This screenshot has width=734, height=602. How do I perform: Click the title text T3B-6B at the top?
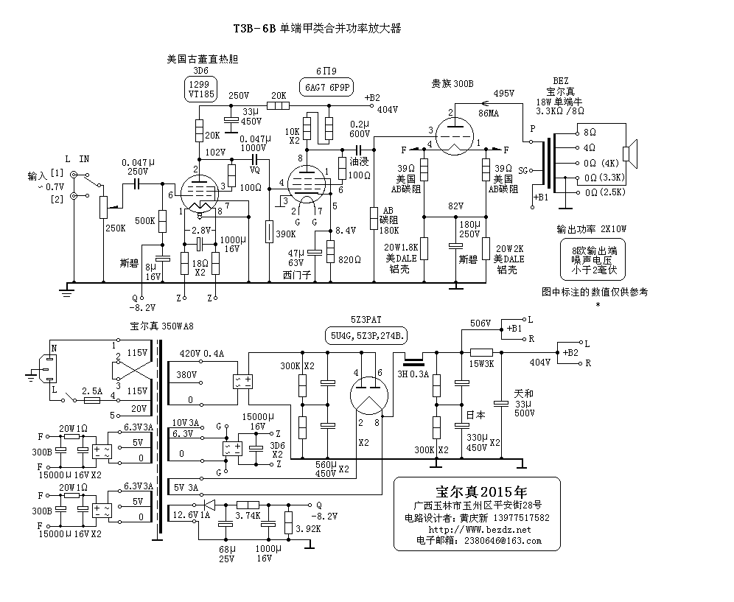click(254, 29)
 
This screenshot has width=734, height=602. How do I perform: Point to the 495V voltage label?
click(504, 94)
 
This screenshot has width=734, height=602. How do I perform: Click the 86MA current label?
click(489, 114)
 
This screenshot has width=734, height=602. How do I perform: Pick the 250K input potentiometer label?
click(116, 228)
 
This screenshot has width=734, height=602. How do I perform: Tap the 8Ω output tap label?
click(589, 133)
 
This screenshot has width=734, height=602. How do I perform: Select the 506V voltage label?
click(480, 323)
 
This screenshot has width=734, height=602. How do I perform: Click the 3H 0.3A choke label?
click(416, 374)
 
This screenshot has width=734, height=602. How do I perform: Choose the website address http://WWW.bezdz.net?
click(479, 530)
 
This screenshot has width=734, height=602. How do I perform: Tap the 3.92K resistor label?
click(308, 529)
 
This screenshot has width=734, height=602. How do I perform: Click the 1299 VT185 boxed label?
click(200, 89)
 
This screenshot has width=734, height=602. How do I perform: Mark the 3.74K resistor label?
click(247, 517)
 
